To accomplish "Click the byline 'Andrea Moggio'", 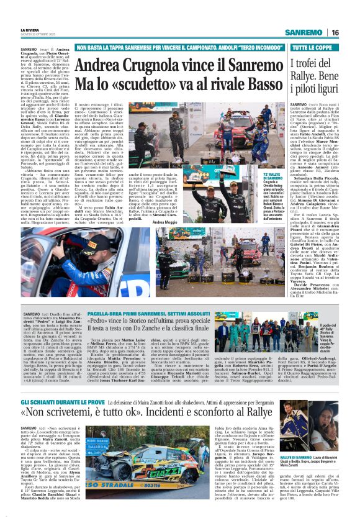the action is tap(164, 222).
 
